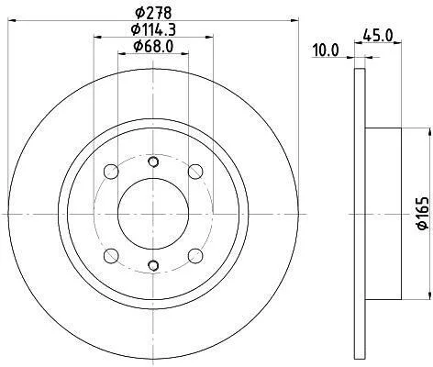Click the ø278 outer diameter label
click(x=153, y=13)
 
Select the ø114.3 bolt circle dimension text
click(x=153, y=29)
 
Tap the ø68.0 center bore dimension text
click(x=153, y=47)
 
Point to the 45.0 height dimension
click(x=377, y=36)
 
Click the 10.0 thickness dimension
click(x=326, y=50)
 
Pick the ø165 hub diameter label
click(x=423, y=213)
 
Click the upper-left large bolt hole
click(x=111, y=172)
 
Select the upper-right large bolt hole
click(x=195, y=172)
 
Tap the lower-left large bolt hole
click(x=111, y=256)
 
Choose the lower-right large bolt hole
click(x=195, y=256)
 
